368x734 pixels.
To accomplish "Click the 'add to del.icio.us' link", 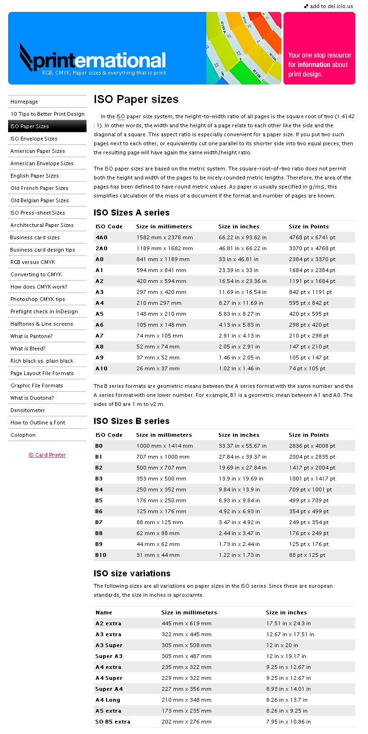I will [331, 6].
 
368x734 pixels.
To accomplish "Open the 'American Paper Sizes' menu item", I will [38, 151].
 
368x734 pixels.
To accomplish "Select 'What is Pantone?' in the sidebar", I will [31, 336].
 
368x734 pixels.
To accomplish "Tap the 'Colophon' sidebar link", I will [23, 435].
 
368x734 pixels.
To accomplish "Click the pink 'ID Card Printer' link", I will [47, 455].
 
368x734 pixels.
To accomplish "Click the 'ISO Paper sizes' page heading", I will [136, 99].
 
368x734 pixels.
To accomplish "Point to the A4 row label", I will [99, 303].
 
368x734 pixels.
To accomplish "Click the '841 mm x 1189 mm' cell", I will [163, 259].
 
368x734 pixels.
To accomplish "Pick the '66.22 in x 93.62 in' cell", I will [242, 237].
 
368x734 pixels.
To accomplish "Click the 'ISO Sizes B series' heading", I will [131, 421].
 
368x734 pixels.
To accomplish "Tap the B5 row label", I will [99, 500].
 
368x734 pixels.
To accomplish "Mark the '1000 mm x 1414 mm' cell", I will [165, 446].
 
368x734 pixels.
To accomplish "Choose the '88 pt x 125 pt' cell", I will [307, 555].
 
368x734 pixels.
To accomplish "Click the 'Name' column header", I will [104, 612].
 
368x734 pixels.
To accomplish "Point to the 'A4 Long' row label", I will [107, 700].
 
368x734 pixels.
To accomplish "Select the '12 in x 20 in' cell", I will [282, 645].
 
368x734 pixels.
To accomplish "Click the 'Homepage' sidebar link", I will [24, 102].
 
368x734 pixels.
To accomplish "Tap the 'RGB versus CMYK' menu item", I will [33, 262].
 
